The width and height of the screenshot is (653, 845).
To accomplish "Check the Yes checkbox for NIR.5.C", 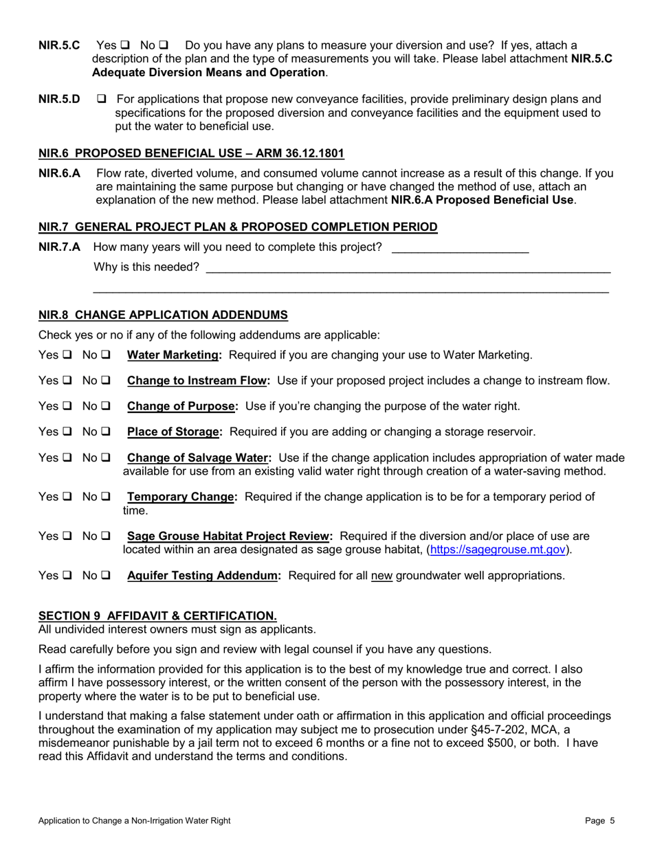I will pos(125,45).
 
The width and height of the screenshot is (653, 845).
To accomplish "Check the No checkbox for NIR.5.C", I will pos(164,45).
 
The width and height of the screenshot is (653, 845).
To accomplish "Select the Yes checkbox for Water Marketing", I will pos(67,355).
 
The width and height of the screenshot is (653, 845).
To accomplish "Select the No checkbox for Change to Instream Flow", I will pos(106,381).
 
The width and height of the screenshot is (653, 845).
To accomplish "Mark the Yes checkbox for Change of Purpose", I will pos(67,407).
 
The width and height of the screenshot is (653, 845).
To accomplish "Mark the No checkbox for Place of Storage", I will pos(106,432).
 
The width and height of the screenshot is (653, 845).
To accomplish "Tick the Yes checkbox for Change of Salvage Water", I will pos(67,458).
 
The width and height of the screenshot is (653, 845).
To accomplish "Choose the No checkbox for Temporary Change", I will pos(106,497).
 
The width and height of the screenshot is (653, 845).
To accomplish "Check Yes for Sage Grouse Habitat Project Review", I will pos(67,536).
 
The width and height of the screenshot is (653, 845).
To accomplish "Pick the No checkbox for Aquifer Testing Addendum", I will pos(106,576).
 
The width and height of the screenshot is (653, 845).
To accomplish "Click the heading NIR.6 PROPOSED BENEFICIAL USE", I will pos(191,153).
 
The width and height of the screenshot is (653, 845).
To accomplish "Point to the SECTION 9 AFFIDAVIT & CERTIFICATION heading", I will pos(157,616).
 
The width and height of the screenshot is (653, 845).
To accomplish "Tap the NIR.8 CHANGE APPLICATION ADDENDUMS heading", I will pos(163,315).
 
